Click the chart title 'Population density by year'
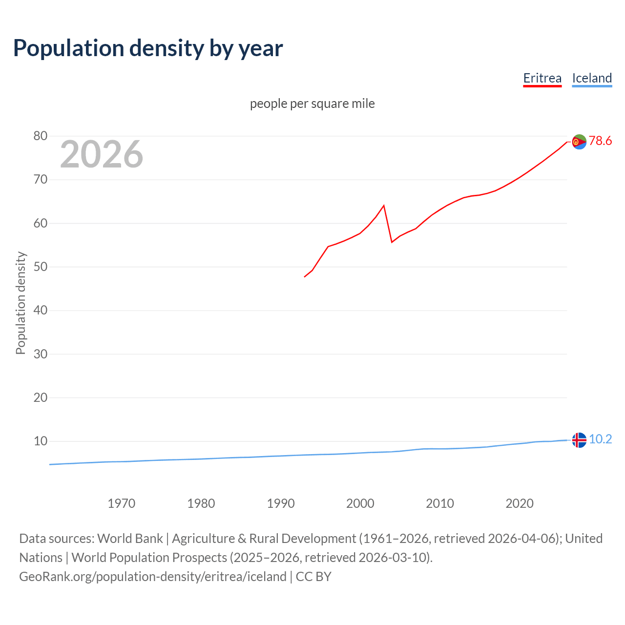[x=148, y=48]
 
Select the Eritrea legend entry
[x=542, y=78]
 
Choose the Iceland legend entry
[x=592, y=78]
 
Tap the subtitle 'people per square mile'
[x=312, y=104]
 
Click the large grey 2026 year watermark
[x=102, y=154]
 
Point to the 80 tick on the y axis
[x=41, y=136]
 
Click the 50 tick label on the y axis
[x=41, y=267]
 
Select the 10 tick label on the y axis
[x=41, y=441]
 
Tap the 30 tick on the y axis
[x=41, y=354]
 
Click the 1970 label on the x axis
[x=122, y=503]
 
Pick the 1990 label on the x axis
[x=281, y=503]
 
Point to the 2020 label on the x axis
[x=520, y=503]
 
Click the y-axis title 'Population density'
[x=21, y=303]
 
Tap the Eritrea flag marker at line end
[x=579, y=142]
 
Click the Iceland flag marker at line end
[x=579, y=440]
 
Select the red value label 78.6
[x=600, y=141]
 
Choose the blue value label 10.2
[x=600, y=439]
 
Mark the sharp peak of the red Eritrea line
[x=384, y=206]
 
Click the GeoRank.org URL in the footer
[x=153, y=577]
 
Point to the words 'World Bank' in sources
[x=130, y=539]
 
